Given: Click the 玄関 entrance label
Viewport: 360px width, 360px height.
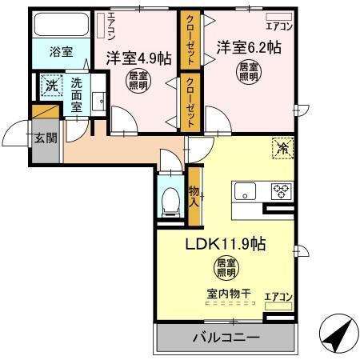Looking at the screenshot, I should point(46,138).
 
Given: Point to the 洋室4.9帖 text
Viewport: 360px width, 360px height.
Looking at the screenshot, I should point(137,58).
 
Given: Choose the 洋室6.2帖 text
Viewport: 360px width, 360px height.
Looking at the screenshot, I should point(246,46).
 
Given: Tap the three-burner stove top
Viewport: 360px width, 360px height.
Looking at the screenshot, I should point(281,191).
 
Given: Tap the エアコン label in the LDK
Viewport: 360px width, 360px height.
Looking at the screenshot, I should point(278,298).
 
